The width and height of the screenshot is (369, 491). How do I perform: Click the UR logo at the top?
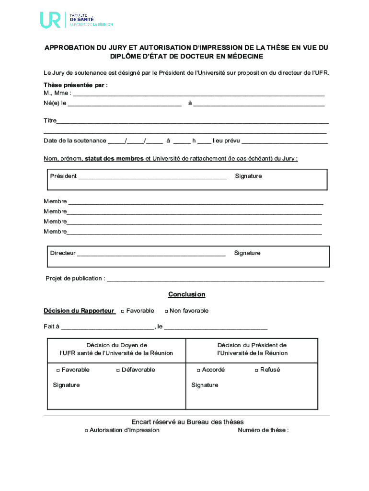point(50,20)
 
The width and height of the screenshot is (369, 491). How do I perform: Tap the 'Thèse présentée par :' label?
point(76,85)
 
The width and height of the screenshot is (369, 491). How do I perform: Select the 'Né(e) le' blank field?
point(125,103)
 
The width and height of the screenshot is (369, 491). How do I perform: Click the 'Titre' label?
point(50,120)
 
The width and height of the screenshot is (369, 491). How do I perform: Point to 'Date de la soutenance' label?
point(75,140)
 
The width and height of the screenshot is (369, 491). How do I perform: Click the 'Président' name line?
point(152,176)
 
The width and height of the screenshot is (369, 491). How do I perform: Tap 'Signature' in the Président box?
point(248,176)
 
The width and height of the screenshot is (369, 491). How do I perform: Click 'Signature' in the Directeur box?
point(247,253)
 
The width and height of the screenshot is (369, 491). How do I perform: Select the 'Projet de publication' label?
point(75,278)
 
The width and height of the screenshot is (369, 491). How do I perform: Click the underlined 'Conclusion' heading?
point(186,294)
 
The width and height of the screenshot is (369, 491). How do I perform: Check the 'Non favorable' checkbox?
point(166,311)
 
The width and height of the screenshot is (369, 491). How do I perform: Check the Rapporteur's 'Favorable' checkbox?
point(123,311)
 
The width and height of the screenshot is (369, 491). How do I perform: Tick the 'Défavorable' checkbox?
point(118,370)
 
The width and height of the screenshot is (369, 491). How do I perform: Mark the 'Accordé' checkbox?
point(198,370)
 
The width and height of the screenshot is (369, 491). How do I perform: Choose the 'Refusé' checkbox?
point(256,370)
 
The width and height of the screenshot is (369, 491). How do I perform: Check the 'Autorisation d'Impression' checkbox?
point(86,431)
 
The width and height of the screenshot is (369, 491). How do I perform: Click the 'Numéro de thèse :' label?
point(263,430)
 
